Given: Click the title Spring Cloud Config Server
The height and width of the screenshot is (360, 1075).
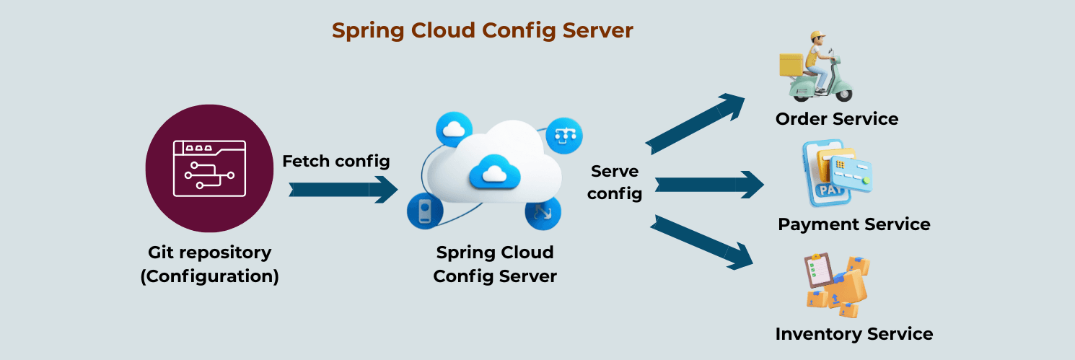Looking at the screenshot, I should [482, 30].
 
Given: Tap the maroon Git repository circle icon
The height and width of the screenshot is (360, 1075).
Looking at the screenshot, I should [209, 169].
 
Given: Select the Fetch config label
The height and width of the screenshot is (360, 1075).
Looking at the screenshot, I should [335, 161].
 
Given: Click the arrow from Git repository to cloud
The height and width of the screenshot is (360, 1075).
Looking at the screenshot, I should [343, 190].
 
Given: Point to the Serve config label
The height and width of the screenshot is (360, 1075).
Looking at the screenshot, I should [615, 182].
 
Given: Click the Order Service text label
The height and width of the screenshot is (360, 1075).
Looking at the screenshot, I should [837, 119].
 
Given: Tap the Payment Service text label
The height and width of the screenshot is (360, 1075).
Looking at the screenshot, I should [854, 224].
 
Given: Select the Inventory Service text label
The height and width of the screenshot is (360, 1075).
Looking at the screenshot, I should [854, 334].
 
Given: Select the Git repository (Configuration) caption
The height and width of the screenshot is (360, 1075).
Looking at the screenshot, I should [209, 264].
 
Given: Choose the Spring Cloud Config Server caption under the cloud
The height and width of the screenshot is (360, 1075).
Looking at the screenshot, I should [495, 264].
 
